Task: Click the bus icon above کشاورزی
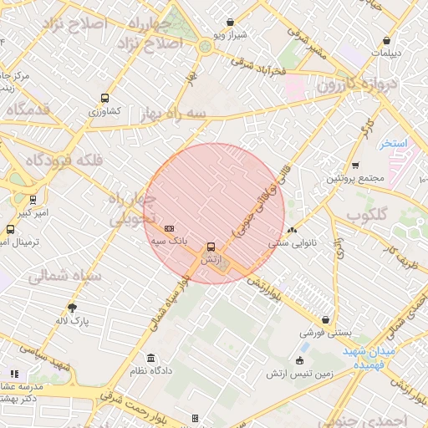[104, 97]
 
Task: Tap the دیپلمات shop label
[386, 52]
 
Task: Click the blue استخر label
[393, 144]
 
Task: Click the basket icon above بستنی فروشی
[324, 319]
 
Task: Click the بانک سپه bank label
[170, 241]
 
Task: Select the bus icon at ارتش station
[211, 247]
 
